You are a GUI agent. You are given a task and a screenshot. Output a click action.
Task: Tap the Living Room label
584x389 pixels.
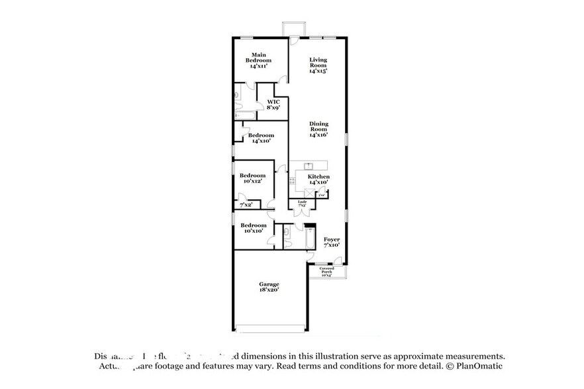point(318,64)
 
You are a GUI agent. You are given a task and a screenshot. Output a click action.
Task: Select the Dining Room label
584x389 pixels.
point(318,129)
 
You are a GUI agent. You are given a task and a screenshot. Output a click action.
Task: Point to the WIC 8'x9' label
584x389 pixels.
point(273,105)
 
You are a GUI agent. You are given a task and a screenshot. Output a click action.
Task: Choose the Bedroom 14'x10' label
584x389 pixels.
point(261,138)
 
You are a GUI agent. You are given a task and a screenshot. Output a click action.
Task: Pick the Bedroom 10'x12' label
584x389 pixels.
point(252,178)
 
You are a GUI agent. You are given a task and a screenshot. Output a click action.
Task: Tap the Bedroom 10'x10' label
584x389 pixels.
point(252,228)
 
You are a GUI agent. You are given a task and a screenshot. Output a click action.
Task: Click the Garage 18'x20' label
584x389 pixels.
point(269,287)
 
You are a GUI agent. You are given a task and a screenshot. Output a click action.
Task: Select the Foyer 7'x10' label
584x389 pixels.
point(332,242)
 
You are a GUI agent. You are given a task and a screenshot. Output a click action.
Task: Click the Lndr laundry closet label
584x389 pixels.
point(302,203)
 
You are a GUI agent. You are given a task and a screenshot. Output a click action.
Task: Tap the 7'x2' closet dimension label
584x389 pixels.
point(246,204)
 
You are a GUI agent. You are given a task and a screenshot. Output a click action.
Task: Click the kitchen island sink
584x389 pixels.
point(308,165)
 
